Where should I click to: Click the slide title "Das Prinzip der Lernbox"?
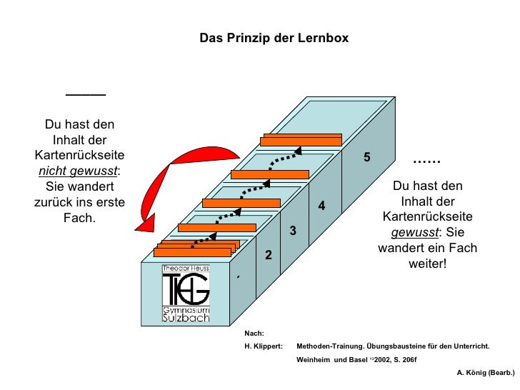[274, 37]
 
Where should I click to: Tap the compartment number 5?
[366, 156]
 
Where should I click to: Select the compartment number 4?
[321, 206]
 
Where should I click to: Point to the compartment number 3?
[292, 230]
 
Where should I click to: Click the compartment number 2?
[269, 255]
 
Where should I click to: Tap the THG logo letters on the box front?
[186, 290]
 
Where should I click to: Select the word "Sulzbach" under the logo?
[186, 318]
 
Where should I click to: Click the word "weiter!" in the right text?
[427, 264]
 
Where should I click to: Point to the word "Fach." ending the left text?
[79, 218]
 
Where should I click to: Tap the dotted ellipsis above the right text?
[427, 161]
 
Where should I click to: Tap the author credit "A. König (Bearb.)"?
[485, 373]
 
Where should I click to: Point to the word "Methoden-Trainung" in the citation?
[329, 346]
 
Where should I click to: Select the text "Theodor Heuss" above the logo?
[186, 269]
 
